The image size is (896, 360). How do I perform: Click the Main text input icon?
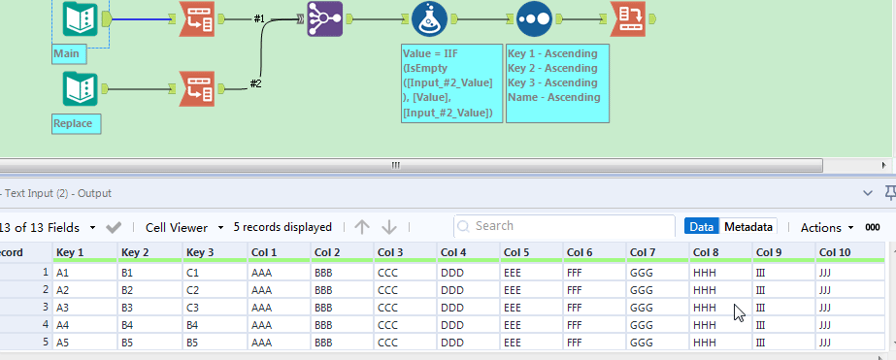click(79, 17)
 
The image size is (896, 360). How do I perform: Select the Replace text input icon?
click(79, 90)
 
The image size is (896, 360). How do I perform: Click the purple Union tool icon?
click(325, 18)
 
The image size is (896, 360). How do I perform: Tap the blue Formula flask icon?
click(428, 18)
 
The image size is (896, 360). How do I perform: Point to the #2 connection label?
click(256, 83)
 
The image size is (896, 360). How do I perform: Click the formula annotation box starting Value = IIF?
click(451, 82)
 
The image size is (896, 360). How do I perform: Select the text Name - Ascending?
click(553, 97)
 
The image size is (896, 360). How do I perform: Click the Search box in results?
click(563, 226)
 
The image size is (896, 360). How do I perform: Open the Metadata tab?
click(747, 227)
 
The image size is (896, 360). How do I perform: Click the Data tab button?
click(701, 227)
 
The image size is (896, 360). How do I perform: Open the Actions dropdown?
click(826, 227)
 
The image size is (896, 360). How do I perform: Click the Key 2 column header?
click(135, 252)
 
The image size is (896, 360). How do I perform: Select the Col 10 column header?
click(835, 252)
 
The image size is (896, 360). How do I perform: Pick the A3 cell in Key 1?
click(65, 308)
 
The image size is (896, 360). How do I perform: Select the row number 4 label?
click(44, 325)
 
